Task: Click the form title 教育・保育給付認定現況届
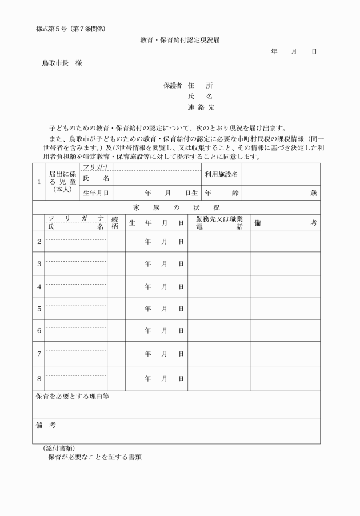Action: (x=180, y=41)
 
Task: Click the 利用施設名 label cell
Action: (x=221, y=174)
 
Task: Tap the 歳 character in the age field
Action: (x=313, y=193)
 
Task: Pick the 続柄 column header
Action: (x=115, y=223)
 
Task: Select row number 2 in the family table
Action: (x=39, y=242)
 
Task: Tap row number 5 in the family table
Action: (x=39, y=309)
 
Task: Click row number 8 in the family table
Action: (x=39, y=378)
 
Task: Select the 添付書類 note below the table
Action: (x=59, y=448)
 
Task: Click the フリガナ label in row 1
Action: (x=96, y=166)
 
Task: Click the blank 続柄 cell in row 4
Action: (x=115, y=286)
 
